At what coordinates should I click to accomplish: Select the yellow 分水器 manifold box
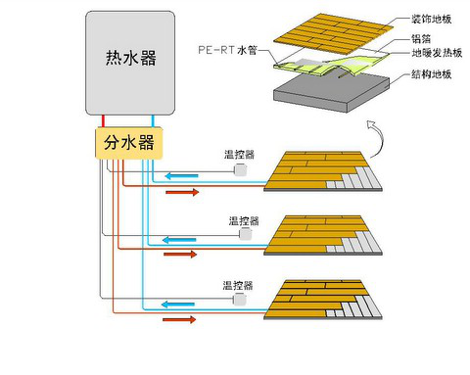pos(129,143)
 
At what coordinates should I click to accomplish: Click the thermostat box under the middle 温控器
pos(246,235)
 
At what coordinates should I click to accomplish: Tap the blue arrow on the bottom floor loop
pos(181,305)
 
